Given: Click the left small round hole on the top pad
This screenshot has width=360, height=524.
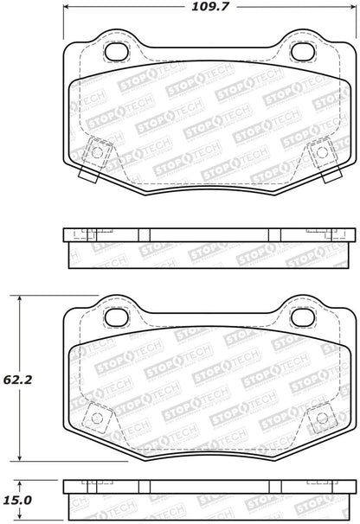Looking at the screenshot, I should point(97,153).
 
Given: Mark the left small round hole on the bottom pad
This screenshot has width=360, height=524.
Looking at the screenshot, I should point(97,421).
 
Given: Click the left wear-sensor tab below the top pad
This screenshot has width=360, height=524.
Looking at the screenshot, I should point(87,173).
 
